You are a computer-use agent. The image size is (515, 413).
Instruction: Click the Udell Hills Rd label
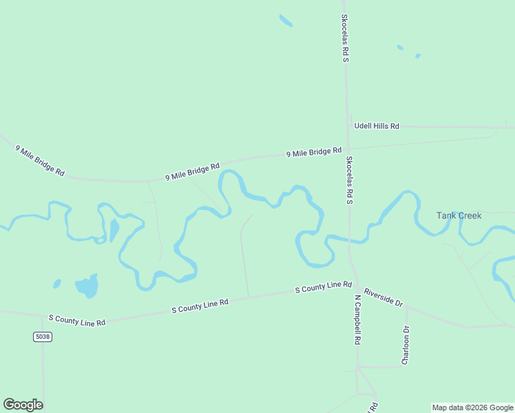pyautogui.click(x=376, y=126)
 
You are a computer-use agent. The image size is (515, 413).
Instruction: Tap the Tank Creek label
pyautogui.click(x=459, y=215)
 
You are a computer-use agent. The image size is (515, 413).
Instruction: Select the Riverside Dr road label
pyautogui.click(x=383, y=297)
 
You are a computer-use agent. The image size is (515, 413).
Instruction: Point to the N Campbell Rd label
pyautogui.click(x=358, y=320)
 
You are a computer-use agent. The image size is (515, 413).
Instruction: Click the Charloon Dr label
pyautogui.click(x=406, y=345)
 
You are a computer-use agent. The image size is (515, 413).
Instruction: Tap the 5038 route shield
pyautogui.click(x=42, y=337)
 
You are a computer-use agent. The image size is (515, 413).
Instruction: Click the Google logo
pyautogui.click(x=23, y=405)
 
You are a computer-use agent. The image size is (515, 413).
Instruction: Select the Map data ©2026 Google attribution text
pyautogui.click(x=472, y=407)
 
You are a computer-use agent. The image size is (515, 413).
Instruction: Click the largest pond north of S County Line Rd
pyautogui.click(x=87, y=286)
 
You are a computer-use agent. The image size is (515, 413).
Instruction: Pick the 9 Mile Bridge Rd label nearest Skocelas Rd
pyautogui.click(x=314, y=152)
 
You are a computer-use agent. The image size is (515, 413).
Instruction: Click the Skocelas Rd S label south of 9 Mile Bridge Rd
pyautogui.click(x=349, y=180)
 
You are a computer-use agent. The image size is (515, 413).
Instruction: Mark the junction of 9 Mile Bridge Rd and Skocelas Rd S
pyautogui.click(x=348, y=149)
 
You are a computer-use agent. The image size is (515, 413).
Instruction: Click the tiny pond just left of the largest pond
pyautogui.click(x=57, y=283)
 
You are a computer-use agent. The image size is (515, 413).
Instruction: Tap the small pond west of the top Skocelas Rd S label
pyautogui.click(x=286, y=21)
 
